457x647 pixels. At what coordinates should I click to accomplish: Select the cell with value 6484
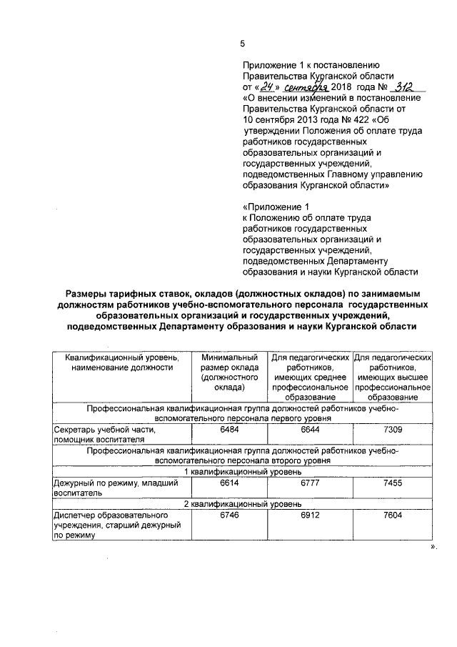tap(228, 430)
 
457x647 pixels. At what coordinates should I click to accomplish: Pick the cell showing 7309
tap(395, 430)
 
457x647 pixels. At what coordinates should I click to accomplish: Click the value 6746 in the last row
tap(228, 515)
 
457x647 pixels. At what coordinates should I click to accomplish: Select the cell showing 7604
tap(395, 515)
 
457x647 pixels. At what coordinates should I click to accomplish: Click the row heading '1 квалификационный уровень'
tap(243, 472)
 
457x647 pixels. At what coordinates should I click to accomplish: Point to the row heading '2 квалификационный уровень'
tap(243, 503)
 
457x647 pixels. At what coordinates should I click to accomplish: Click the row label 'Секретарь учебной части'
tap(105, 430)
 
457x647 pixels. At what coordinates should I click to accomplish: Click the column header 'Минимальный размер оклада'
tap(228, 371)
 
